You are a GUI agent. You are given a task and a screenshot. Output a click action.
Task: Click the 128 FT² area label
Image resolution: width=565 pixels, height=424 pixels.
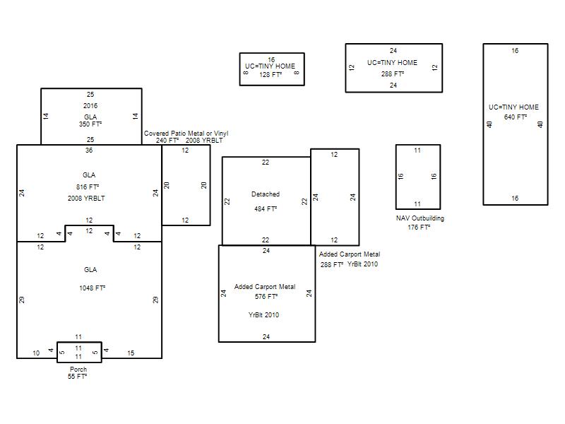pyautogui.click(x=270, y=75)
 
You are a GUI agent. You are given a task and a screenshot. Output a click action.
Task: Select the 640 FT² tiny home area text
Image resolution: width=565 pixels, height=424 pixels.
pyautogui.click(x=516, y=117)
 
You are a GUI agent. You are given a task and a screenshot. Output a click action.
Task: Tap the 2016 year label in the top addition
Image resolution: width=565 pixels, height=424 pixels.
pyautogui.click(x=90, y=105)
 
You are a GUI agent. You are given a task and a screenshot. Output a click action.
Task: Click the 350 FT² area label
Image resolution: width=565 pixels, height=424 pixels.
pyautogui.click(x=90, y=124)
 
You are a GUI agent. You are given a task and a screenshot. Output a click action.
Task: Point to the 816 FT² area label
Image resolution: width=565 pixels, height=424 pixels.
pyautogui.click(x=88, y=187)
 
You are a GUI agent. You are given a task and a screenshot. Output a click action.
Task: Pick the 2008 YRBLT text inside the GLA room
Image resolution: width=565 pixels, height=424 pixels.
pyautogui.click(x=86, y=199)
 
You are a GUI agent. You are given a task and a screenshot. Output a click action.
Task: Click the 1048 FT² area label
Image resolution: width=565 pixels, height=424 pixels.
pyautogui.click(x=93, y=288)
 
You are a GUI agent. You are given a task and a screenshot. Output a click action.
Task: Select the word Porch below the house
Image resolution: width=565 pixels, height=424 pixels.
pyautogui.click(x=78, y=369)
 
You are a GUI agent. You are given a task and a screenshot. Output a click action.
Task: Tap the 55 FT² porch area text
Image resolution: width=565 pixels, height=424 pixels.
pyautogui.click(x=77, y=377)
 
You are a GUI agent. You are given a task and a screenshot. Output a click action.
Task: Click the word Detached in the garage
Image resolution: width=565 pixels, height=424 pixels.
pyautogui.click(x=266, y=194)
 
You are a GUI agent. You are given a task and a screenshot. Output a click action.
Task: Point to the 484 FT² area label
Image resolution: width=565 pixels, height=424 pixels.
pyautogui.click(x=266, y=208)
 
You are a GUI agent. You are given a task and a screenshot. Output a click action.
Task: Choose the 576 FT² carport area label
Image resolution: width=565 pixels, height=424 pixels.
pyautogui.click(x=266, y=296)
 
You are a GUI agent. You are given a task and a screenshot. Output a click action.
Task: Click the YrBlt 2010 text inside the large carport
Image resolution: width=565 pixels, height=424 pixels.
pyautogui.click(x=263, y=314)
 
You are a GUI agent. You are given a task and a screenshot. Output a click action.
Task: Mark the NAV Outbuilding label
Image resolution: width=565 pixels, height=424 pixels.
pyautogui.click(x=420, y=218)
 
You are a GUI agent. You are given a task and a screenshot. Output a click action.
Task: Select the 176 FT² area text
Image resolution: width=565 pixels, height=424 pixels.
pyautogui.click(x=419, y=227)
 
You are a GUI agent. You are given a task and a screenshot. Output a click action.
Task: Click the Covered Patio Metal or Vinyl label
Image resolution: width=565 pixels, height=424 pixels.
pyautogui.click(x=186, y=134)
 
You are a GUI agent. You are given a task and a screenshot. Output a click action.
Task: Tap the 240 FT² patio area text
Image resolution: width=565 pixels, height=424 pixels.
pyautogui.click(x=167, y=140)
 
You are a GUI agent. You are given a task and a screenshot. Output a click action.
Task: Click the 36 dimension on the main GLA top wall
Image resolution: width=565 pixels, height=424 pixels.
pyautogui.click(x=89, y=151)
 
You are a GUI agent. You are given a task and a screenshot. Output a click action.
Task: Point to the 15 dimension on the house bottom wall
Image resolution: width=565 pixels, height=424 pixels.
pyautogui.click(x=131, y=353)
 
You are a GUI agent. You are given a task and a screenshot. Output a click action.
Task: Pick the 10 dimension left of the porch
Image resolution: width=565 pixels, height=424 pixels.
pyautogui.click(x=36, y=353)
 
